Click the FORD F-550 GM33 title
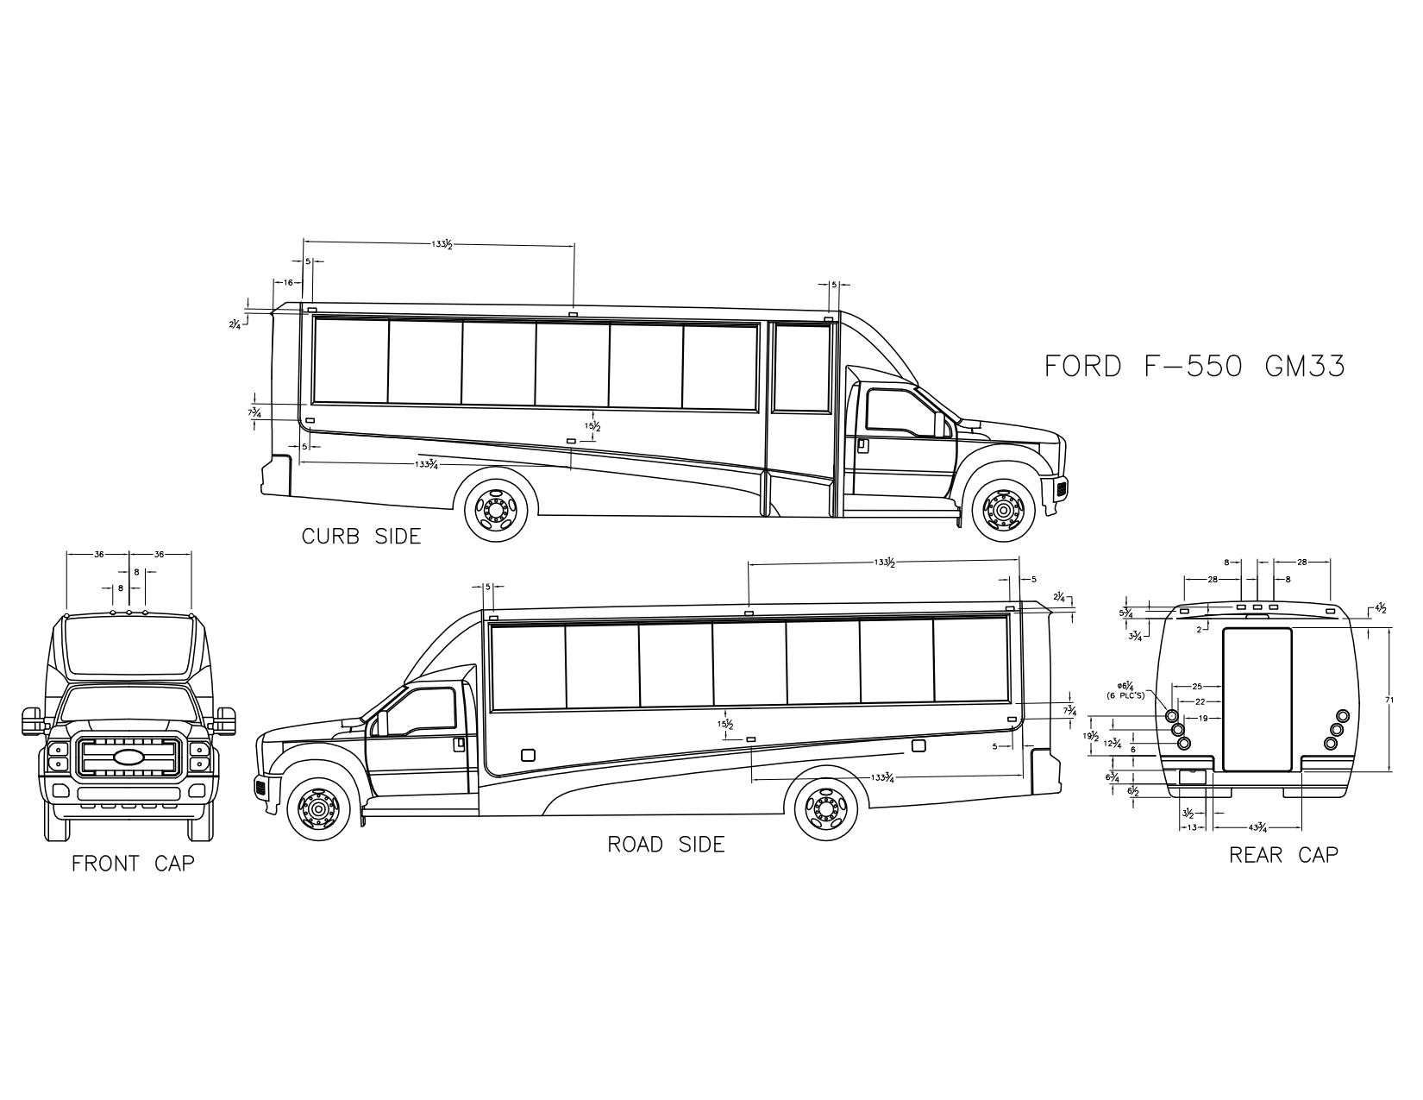click(x=1194, y=366)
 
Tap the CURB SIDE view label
click(x=361, y=537)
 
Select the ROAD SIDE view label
click(x=666, y=845)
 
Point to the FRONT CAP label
click(x=133, y=863)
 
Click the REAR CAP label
click(x=1283, y=854)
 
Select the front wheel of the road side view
click(x=318, y=810)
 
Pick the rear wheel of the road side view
click(x=825, y=810)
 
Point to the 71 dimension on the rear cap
click(x=1389, y=701)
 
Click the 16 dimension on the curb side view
click(x=287, y=282)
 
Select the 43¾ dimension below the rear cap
click(x=1257, y=827)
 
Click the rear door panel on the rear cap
click(x=1257, y=699)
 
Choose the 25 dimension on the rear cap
click(x=1197, y=686)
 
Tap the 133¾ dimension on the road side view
click(x=881, y=777)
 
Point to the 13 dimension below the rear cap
click(x=1191, y=827)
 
